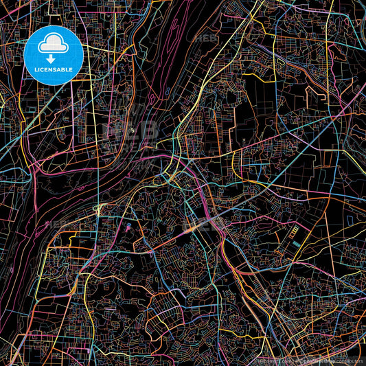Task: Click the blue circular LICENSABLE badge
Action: pyautogui.click(x=54, y=54)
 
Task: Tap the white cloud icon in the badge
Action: pyautogui.click(x=54, y=43)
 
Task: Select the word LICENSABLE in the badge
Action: pyautogui.click(x=54, y=71)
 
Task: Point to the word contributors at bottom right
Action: pyautogui.click(x=350, y=361)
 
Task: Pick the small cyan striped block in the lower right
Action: pyautogui.click(x=295, y=243)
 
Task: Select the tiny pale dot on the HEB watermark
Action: pyautogui.click(x=130, y=129)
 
